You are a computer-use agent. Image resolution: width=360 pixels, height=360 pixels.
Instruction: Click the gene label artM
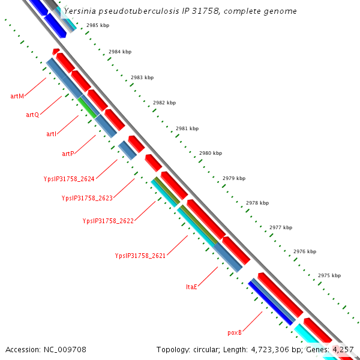pyautogui.click(x=17, y=96)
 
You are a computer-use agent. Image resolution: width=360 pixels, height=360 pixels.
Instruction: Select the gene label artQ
pyautogui.click(x=32, y=115)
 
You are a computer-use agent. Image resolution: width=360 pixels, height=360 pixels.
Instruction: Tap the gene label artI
pyautogui.click(x=52, y=134)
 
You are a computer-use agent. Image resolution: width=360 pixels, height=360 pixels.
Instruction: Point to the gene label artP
pyautogui.click(x=68, y=154)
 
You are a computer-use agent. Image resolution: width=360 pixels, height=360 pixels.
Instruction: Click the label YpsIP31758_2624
pyautogui.click(x=69, y=178)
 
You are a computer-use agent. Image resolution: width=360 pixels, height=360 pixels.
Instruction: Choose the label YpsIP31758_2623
pyautogui.click(x=87, y=198)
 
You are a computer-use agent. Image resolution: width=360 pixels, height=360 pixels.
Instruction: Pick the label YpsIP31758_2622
pyautogui.click(x=108, y=221)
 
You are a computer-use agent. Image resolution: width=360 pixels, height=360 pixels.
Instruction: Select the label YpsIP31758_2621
pyautogui.click(x=140, y=256)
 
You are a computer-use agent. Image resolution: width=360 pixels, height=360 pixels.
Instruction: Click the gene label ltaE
pyautogui.click(x=192, y=287)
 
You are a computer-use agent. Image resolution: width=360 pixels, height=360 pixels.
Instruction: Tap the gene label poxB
pyautogui.click(x=235, y=332)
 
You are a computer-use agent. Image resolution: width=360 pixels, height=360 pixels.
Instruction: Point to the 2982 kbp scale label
pyautogui.click(x=164, y=103)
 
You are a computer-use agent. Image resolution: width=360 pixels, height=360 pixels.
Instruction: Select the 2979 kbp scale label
pyautogui.click(x=234, y=178)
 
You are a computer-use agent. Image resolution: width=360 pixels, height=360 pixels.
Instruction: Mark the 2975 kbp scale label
pyautogui.click(x=329, y=275)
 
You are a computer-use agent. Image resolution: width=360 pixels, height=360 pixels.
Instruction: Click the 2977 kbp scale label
pyautogui.click(x=281, y=227)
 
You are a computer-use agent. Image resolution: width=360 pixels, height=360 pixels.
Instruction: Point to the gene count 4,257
pyautogui.click(x=343, y=349)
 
